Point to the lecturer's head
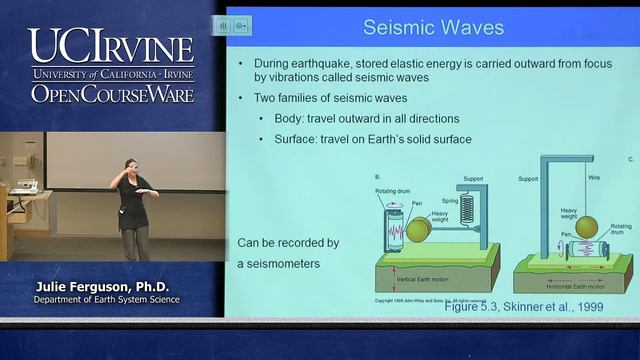tap(130, 165)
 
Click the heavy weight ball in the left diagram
tap(418, 229)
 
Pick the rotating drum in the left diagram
tap(395, 231)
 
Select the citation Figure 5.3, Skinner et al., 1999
tap(524, 307)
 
